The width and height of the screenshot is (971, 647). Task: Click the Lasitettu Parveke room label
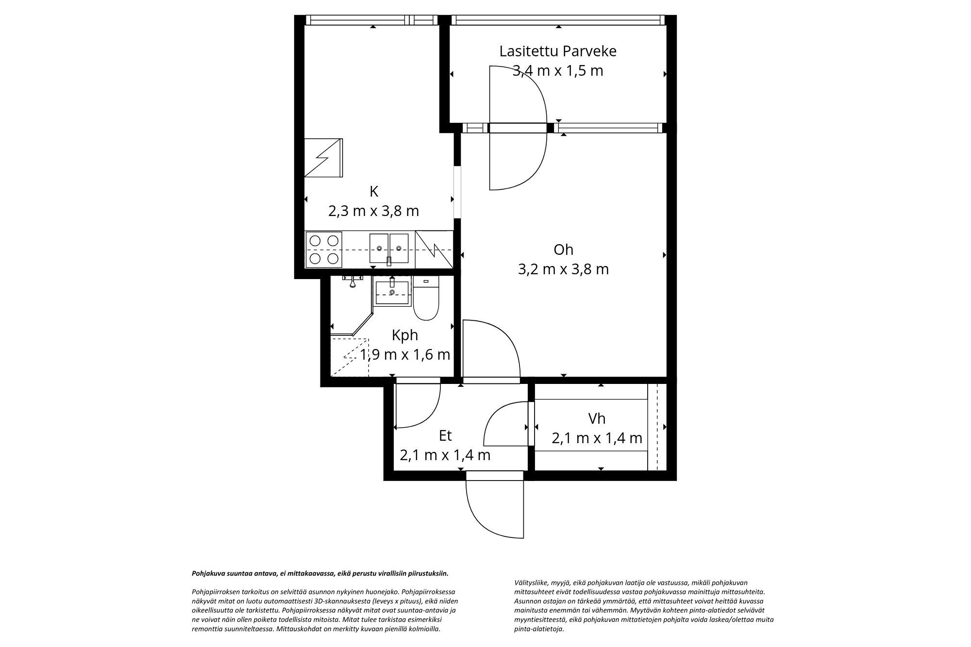(558, 51)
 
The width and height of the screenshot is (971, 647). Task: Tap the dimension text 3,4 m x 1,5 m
(558, 71)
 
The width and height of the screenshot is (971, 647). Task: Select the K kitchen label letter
(373, 192)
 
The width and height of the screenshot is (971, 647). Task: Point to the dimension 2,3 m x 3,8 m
(373, 211)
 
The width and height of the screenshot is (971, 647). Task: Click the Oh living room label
(563, 249)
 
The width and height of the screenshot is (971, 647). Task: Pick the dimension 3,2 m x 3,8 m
(563, 269)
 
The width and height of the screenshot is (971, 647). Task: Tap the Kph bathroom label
(404, 335)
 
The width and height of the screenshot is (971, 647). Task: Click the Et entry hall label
(445, 436)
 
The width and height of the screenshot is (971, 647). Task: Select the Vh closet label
(597, 418)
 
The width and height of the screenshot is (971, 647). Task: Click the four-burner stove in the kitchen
(324, 249)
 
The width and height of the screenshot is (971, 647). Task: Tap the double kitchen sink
(389, 249)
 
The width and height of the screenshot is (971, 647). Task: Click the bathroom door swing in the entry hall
(418, 408)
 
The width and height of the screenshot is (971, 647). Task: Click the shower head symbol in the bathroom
(353, 281)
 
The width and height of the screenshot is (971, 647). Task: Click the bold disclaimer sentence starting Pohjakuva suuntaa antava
(320, 573)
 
